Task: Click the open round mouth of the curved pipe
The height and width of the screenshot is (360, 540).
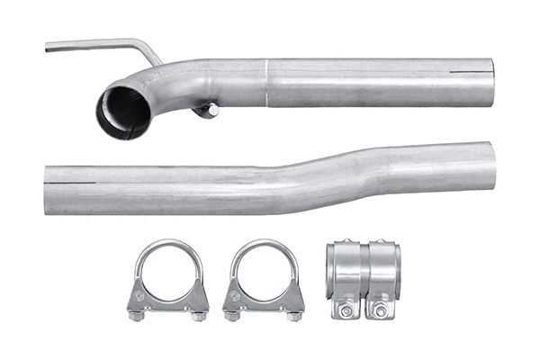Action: pos(123,110)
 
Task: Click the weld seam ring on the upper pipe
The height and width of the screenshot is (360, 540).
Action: pos(267,82)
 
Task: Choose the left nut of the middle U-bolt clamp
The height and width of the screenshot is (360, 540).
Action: pos(232,314)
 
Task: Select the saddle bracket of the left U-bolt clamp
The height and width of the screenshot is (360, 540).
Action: pos(168,297)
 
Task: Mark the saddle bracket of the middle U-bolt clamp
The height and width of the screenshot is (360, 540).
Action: pos(264,297)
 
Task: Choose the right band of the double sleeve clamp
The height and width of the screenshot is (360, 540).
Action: pos(382,270)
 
